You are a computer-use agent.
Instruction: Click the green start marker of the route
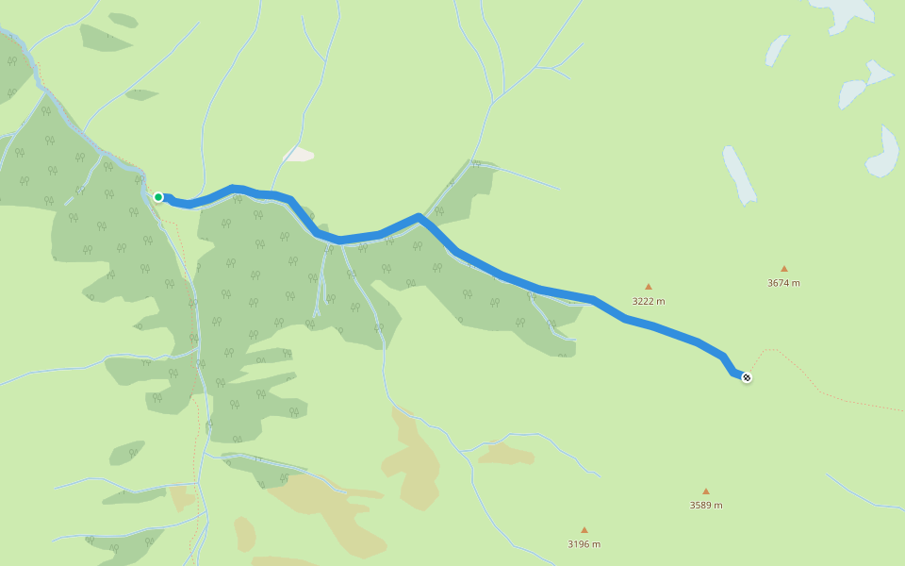point(158,197)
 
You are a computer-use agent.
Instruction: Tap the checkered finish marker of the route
point(747,377)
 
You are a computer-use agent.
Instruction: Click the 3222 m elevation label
point(649,301)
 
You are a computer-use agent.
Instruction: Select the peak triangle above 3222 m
point(649,287)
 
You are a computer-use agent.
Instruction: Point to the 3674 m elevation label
point(783,283)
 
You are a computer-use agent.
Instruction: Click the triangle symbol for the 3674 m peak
point(783,269)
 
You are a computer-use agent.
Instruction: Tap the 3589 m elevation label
point(705,505)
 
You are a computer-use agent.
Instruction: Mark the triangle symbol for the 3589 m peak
point(705,491)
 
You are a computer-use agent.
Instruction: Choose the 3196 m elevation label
point(584,543)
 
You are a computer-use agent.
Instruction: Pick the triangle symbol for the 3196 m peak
point(584,530)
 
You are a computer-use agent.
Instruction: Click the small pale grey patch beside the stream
point(299,154)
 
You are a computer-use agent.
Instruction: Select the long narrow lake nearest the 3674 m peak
point(739,175)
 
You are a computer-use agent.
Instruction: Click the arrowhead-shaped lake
point(879,74)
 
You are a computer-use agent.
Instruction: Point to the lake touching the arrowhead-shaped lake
point(852,92)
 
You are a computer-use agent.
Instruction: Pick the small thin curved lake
point(776,49)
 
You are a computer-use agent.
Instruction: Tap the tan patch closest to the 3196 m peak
point(505,455)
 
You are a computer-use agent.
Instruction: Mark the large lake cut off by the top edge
point(844,11)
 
